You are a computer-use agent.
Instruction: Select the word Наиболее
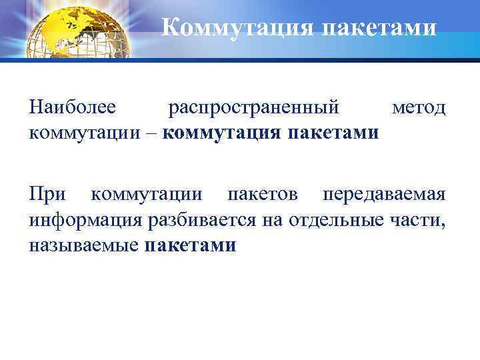point(73,107)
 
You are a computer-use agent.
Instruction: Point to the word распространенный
point(253,107)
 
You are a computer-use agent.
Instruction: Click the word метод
point(419,107)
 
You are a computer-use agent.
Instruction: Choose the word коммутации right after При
point(147,195)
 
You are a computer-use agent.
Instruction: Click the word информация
point(88,220)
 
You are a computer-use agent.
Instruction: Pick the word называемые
point(84,245)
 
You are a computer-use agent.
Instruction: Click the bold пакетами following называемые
point(190,245)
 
